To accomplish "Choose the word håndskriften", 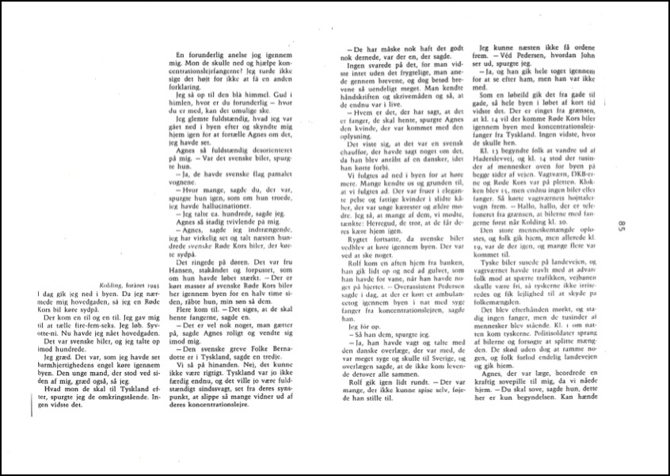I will [x=360, y=112].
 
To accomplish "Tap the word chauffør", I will [x=354, y=165].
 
